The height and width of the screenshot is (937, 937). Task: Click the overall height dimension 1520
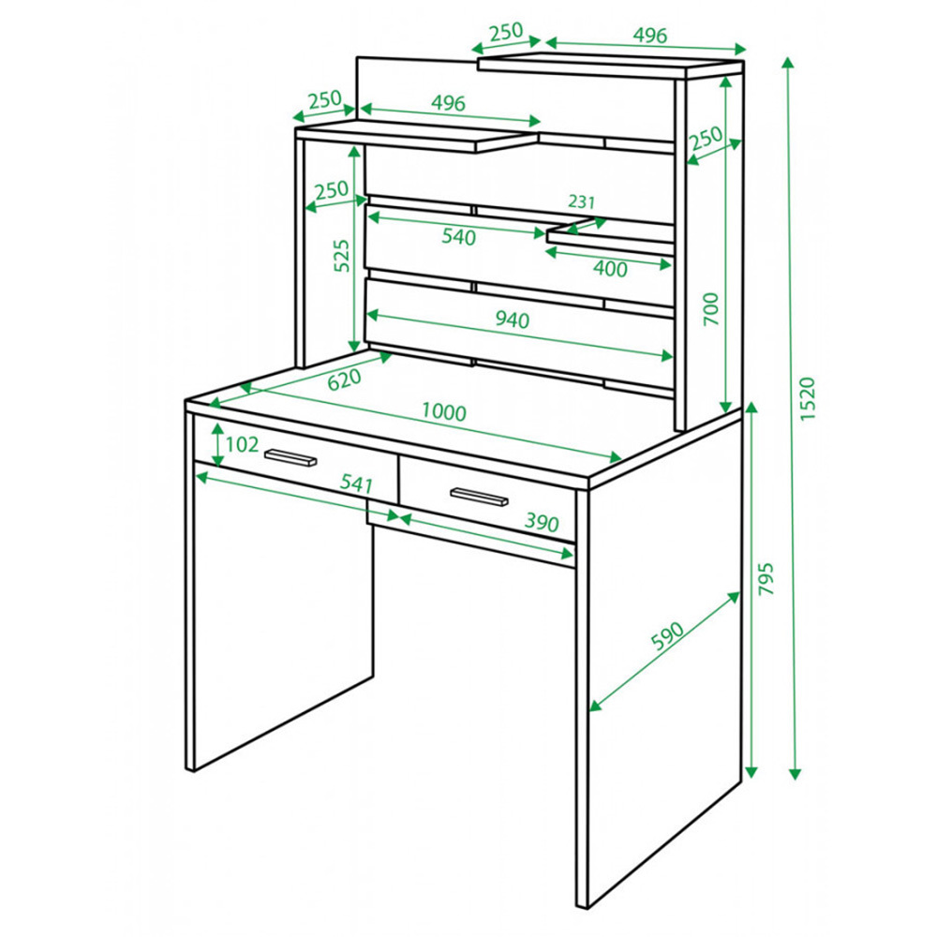[807, 398]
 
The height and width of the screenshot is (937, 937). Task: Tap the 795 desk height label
[766, 578]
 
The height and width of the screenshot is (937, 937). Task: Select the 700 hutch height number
[711, 309]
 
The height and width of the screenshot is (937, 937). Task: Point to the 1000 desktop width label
[444, 411]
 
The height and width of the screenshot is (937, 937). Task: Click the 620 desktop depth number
[345, 379]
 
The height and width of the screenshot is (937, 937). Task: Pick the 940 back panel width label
[513, 320]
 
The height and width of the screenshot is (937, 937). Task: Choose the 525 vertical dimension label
[341, 257]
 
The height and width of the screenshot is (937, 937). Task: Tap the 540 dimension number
[459, 237]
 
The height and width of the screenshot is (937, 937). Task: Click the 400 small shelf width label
[610, 269]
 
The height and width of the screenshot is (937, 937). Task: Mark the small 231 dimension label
[582, 201]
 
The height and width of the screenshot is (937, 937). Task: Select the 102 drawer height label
[242, 444]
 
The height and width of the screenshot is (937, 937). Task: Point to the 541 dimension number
[356, 483]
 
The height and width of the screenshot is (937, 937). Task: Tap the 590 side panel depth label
[667, 636]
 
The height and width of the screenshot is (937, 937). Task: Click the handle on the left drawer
[290, 457]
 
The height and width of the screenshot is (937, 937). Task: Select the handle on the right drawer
[479, 497]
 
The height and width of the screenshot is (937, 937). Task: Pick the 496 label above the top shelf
[650, 36]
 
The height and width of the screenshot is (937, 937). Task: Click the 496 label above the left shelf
[448, 103]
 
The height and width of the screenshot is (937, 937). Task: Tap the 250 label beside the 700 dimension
[706, 139]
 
